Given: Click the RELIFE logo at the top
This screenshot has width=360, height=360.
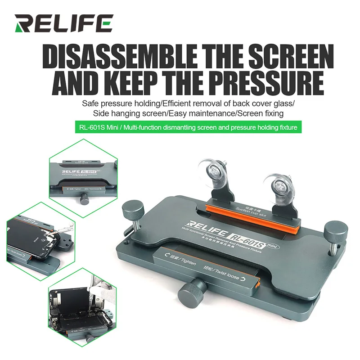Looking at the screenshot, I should [63, 23].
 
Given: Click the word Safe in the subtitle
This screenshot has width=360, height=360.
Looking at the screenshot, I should [90, 103].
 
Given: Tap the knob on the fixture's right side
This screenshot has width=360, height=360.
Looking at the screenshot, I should [333, 232].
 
